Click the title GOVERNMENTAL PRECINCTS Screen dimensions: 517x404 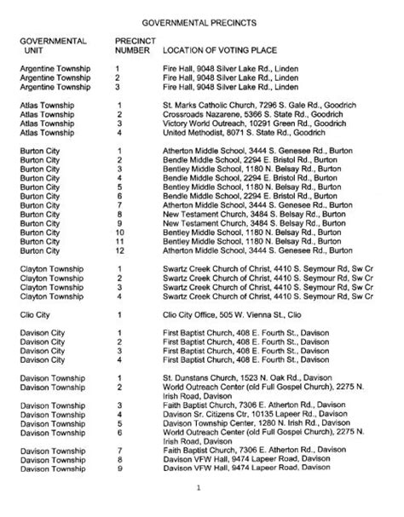202,17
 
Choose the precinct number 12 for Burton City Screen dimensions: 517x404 120,250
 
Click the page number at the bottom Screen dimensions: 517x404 198,487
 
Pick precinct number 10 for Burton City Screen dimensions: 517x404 120,231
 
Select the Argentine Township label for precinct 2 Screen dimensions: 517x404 54,77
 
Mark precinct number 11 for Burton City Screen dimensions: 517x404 120,241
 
